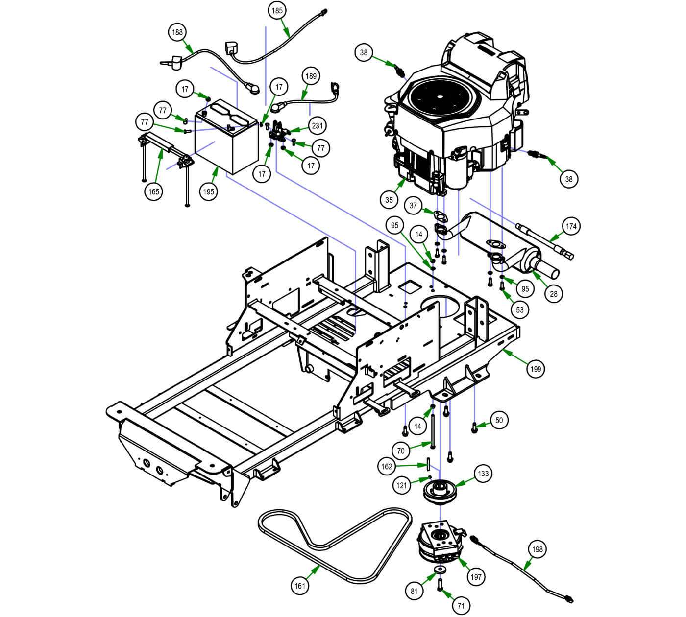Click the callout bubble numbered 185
tap(278, 10)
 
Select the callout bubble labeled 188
tap(177, 32)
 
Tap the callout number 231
tap(318, 126)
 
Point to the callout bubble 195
tap(209, 191)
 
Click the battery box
tap(227, 140)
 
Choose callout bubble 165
tap(154, 191)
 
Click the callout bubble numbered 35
tap(389, 200)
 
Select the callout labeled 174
tap(571, 226)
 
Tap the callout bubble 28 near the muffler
tap(554, 294)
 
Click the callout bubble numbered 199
tap(536, 369)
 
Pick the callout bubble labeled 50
tap(499, 420)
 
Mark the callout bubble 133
tap(483, 474)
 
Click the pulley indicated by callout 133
tap(439, 490)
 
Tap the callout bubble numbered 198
tap(538, 549)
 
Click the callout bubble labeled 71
tap(461, 606)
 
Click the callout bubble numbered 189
tap(311, 76)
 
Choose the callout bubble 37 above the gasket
tap(413, 205)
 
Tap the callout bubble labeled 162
tap(387, 466)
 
